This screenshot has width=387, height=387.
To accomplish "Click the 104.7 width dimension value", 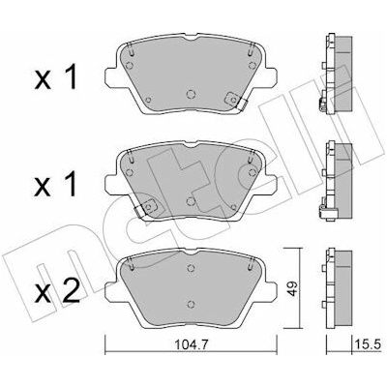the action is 191,344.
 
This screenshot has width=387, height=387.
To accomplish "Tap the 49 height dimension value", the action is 293,288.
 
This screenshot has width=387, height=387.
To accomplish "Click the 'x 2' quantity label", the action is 57,291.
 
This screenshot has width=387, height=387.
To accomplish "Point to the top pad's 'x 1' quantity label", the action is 56,76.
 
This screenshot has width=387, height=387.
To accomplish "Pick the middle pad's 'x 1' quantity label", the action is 56,184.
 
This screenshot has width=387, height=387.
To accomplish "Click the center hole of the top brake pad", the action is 191,94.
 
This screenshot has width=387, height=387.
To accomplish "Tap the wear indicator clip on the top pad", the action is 237,101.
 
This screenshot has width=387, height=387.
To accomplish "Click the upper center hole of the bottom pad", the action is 191,268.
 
